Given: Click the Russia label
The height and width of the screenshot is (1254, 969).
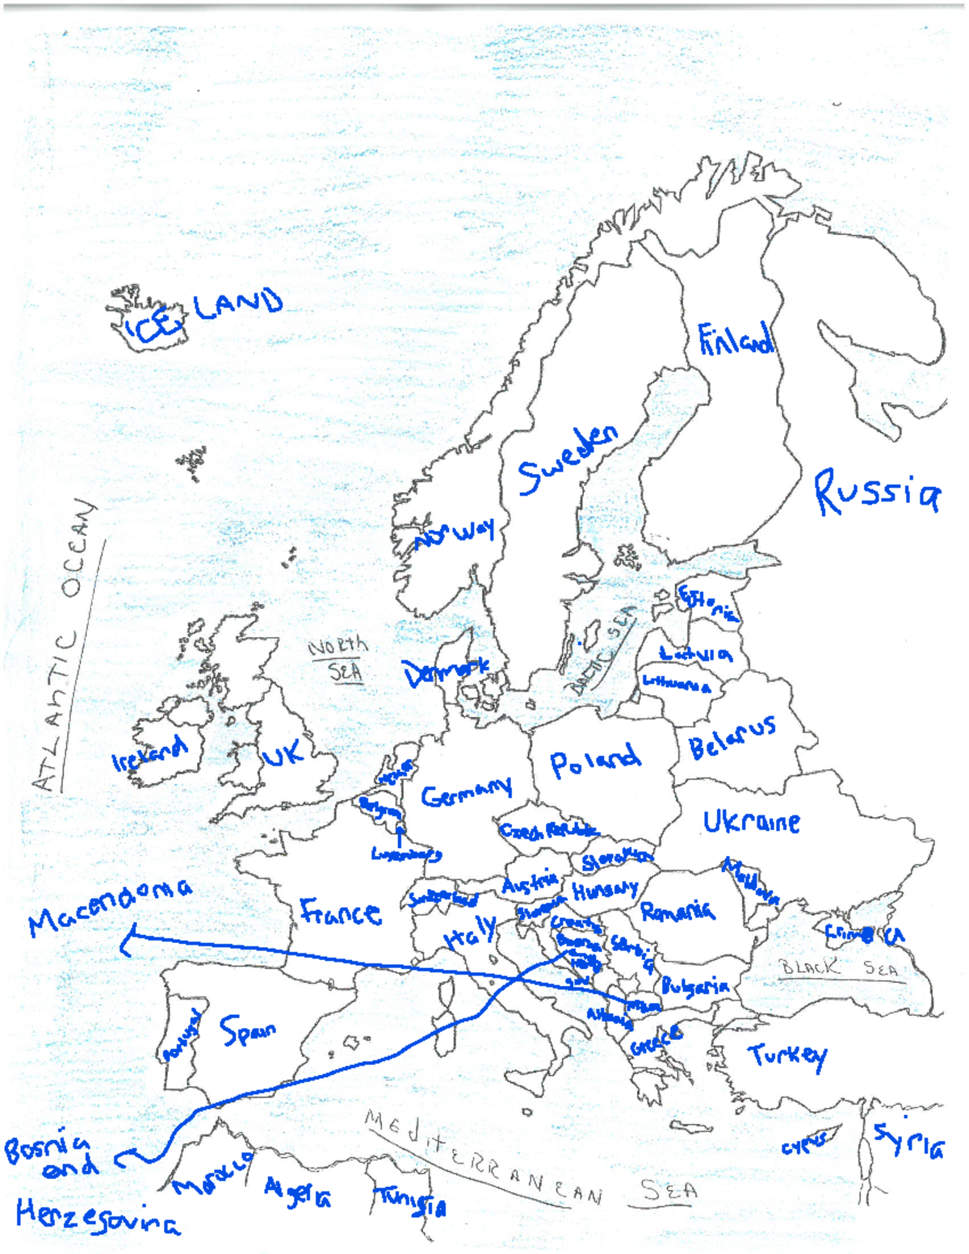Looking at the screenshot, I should point(877,493).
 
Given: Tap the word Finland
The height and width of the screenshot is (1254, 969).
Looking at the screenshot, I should point(736,341).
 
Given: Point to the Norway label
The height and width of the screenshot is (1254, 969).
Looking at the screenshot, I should point(454,534).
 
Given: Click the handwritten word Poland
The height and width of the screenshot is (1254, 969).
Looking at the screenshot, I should point(595,761).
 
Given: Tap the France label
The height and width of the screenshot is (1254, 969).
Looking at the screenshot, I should point(340,912).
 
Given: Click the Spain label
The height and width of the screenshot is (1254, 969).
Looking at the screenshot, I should point(248,1031).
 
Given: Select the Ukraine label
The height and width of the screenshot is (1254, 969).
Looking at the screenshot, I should point(751,822).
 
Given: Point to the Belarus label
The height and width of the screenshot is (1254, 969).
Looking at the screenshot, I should point(732,737).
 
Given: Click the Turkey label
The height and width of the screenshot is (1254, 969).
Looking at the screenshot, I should point(787,1055).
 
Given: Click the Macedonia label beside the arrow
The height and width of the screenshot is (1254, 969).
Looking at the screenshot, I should point(110,906).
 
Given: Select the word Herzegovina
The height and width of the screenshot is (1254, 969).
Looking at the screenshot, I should point(98,1218).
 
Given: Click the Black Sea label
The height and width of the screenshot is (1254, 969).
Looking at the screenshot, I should point(838,967).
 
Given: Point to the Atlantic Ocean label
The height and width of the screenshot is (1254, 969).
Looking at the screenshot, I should point(68,646).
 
